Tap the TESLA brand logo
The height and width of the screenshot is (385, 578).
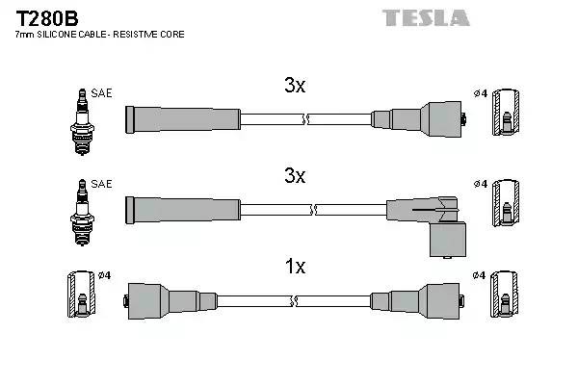(x=425, y=17)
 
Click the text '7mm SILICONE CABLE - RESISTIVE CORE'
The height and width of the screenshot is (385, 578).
(x=100, y=35)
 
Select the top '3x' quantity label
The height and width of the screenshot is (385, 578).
(x=295, y=86)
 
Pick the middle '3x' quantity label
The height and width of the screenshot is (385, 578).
(x=295, y=176)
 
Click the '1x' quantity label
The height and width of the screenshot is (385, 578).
(x=295, y=267)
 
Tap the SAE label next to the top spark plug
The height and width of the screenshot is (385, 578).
(x=102, y=93)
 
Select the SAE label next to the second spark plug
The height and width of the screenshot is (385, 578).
(x=102, y=184)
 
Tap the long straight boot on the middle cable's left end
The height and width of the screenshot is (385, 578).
(x=183, y=209)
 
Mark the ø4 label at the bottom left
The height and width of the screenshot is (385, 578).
(x=104, y=275)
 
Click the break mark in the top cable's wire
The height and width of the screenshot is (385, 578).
(x=305, y=119)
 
